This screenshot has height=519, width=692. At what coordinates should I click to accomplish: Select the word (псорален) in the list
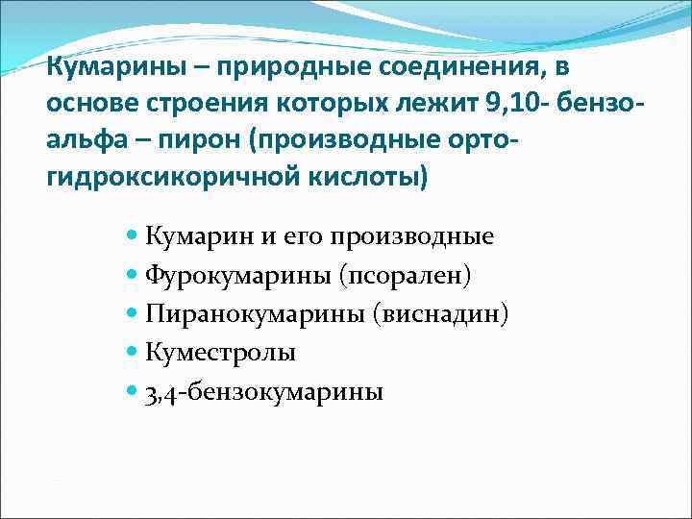click(x=404, y=275)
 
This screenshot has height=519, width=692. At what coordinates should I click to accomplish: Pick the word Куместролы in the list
click(x=221, y=353)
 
